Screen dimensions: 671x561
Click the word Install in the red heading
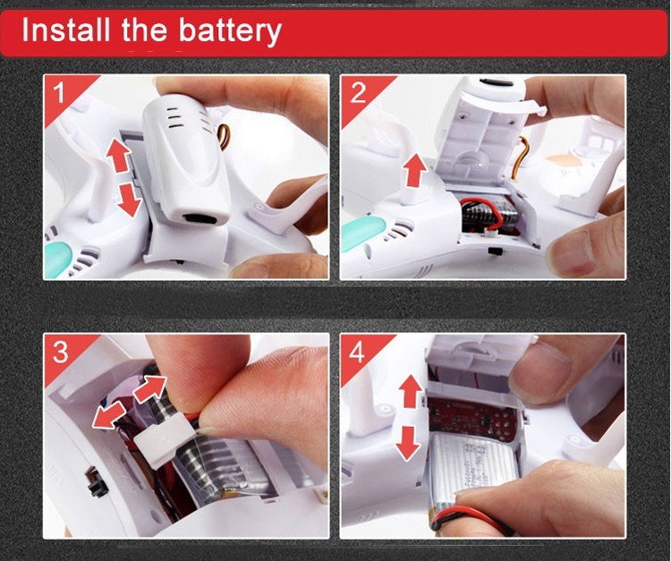pos(66,30)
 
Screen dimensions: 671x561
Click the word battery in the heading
pos(230,31)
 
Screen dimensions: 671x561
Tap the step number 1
pos(59,91)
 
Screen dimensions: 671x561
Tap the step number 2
pos(358,92)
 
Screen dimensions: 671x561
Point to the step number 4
pos(357,352)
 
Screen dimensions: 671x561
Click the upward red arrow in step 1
pos(117,156)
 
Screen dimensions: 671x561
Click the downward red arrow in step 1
pos(129,199)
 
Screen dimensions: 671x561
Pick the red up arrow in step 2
pos(415,171)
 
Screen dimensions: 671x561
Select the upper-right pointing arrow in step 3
pos(149,388)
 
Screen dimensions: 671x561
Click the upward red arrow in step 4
pos(411,391)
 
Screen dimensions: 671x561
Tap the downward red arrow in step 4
pos(407,443)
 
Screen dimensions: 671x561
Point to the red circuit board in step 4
pos(473,421)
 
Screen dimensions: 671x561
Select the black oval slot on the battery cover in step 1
pos(200,219)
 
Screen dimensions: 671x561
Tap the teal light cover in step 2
pos(363,234)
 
